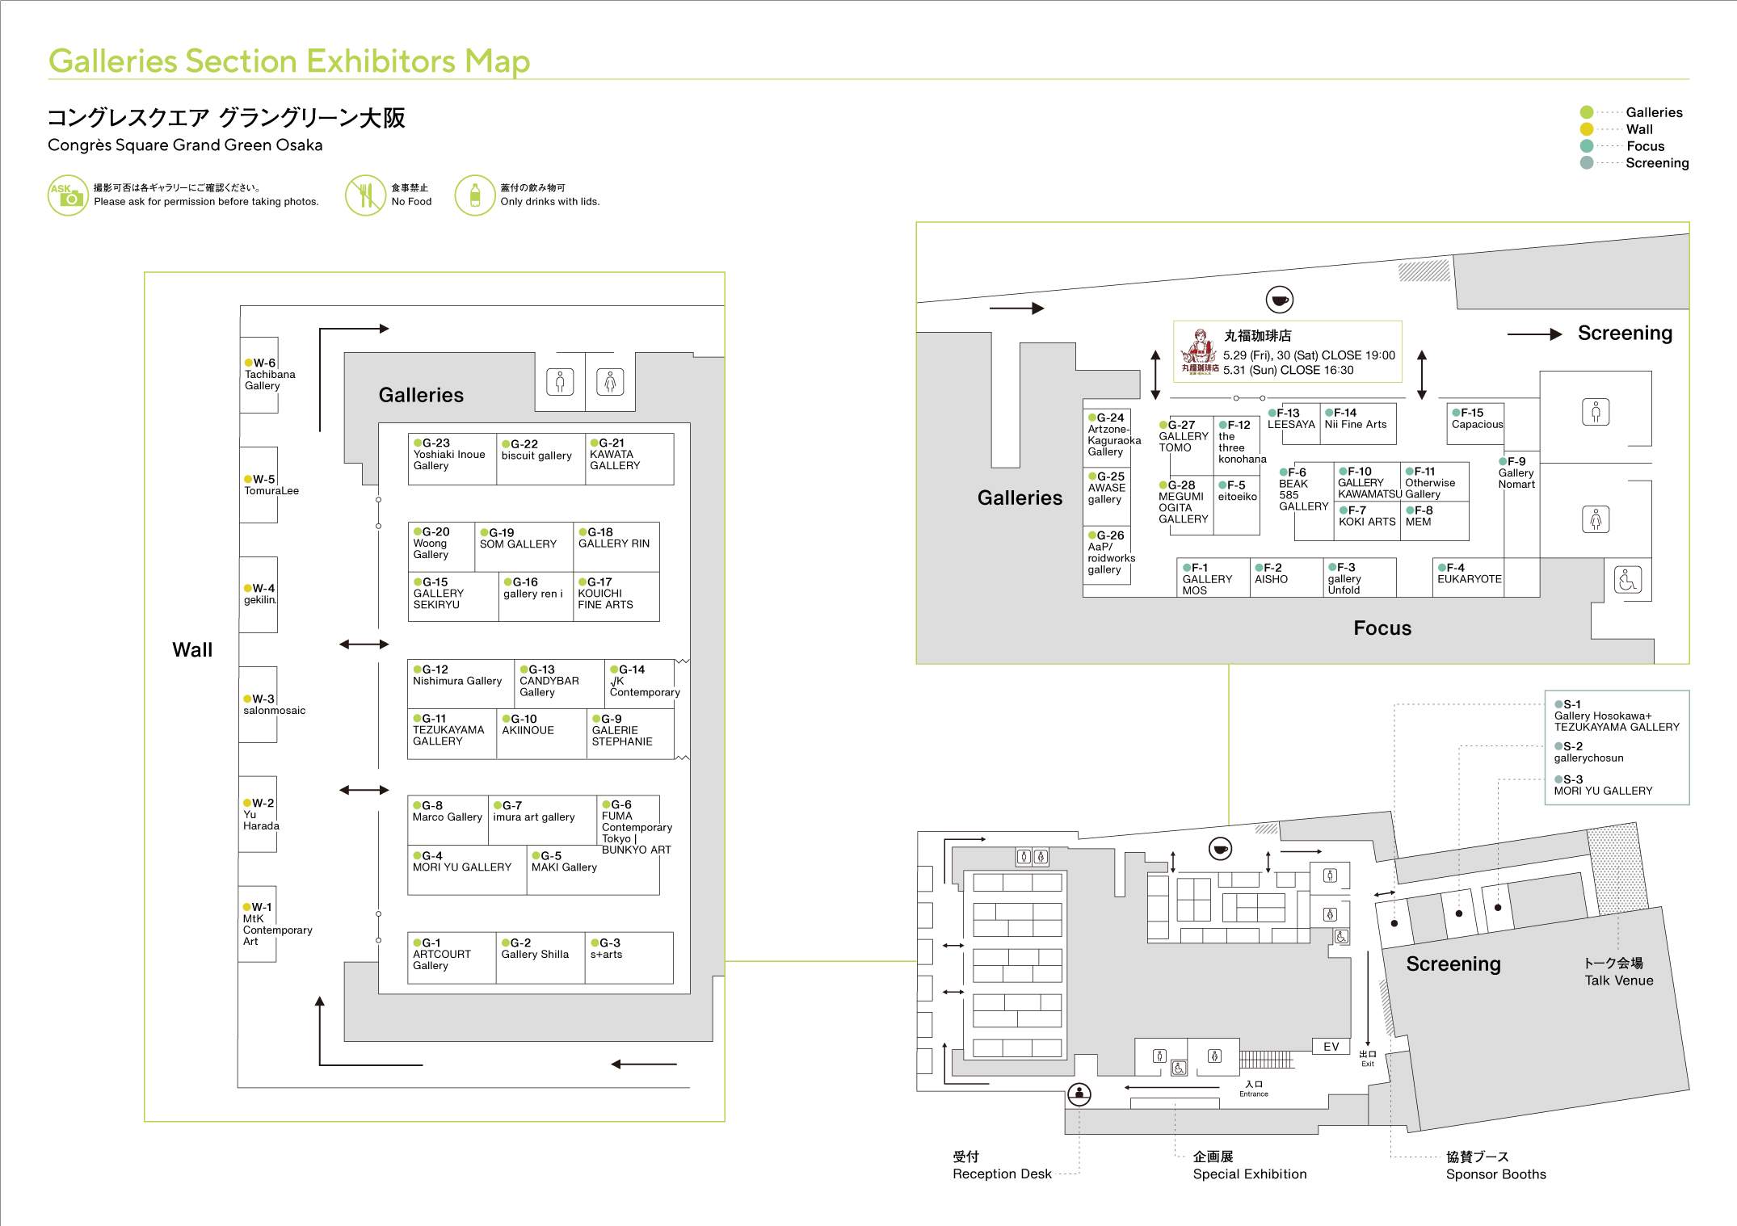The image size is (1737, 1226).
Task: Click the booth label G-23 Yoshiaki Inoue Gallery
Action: [449, 455]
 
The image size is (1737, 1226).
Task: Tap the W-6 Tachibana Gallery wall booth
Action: [259, 375]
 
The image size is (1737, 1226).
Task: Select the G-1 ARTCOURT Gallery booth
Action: [452, 958]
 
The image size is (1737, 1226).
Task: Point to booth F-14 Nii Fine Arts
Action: [1358, 424]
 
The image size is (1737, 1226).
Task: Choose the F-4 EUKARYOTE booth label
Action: [1470, 573]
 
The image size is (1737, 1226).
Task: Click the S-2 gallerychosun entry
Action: [1588, 752]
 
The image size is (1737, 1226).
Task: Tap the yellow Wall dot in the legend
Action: [1587, 129]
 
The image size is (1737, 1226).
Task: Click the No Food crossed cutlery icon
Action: [365, 195]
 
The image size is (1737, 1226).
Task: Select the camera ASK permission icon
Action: [68, 195]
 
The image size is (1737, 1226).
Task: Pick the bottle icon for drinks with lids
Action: [475, 195]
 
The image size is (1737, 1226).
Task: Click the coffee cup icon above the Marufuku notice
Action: [1280, 300]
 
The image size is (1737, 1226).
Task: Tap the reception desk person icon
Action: [1079, 1094]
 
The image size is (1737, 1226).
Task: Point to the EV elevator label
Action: [1331, 1047]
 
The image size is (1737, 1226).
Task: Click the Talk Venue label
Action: [1619, 980]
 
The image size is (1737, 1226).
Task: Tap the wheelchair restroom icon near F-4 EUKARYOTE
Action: [1628, 580]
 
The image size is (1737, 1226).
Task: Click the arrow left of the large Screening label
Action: [1534, 334]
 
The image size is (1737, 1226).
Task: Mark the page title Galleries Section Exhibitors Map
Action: [289, 61]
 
